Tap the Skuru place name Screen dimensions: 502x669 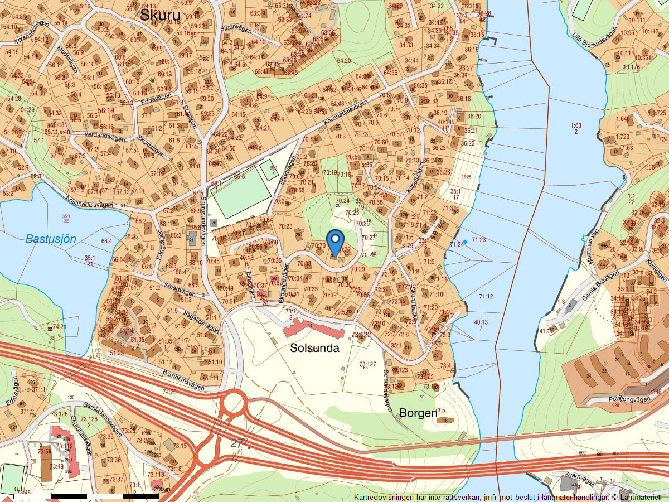pyautogui.click(x=160, y=15)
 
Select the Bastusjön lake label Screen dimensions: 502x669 pyautogui.click(x=51, y=239)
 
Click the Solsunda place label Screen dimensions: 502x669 pyautogui.click(x=314, y=347)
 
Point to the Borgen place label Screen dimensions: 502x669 pyautogui.click(x=418, y=413)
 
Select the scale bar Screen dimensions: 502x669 pyautogui.click(x=86, y=496)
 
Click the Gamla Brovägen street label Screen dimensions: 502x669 pyautogui.click(x=599, y=284)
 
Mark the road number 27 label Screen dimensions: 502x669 pyautogui.click(x=237, y=443)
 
